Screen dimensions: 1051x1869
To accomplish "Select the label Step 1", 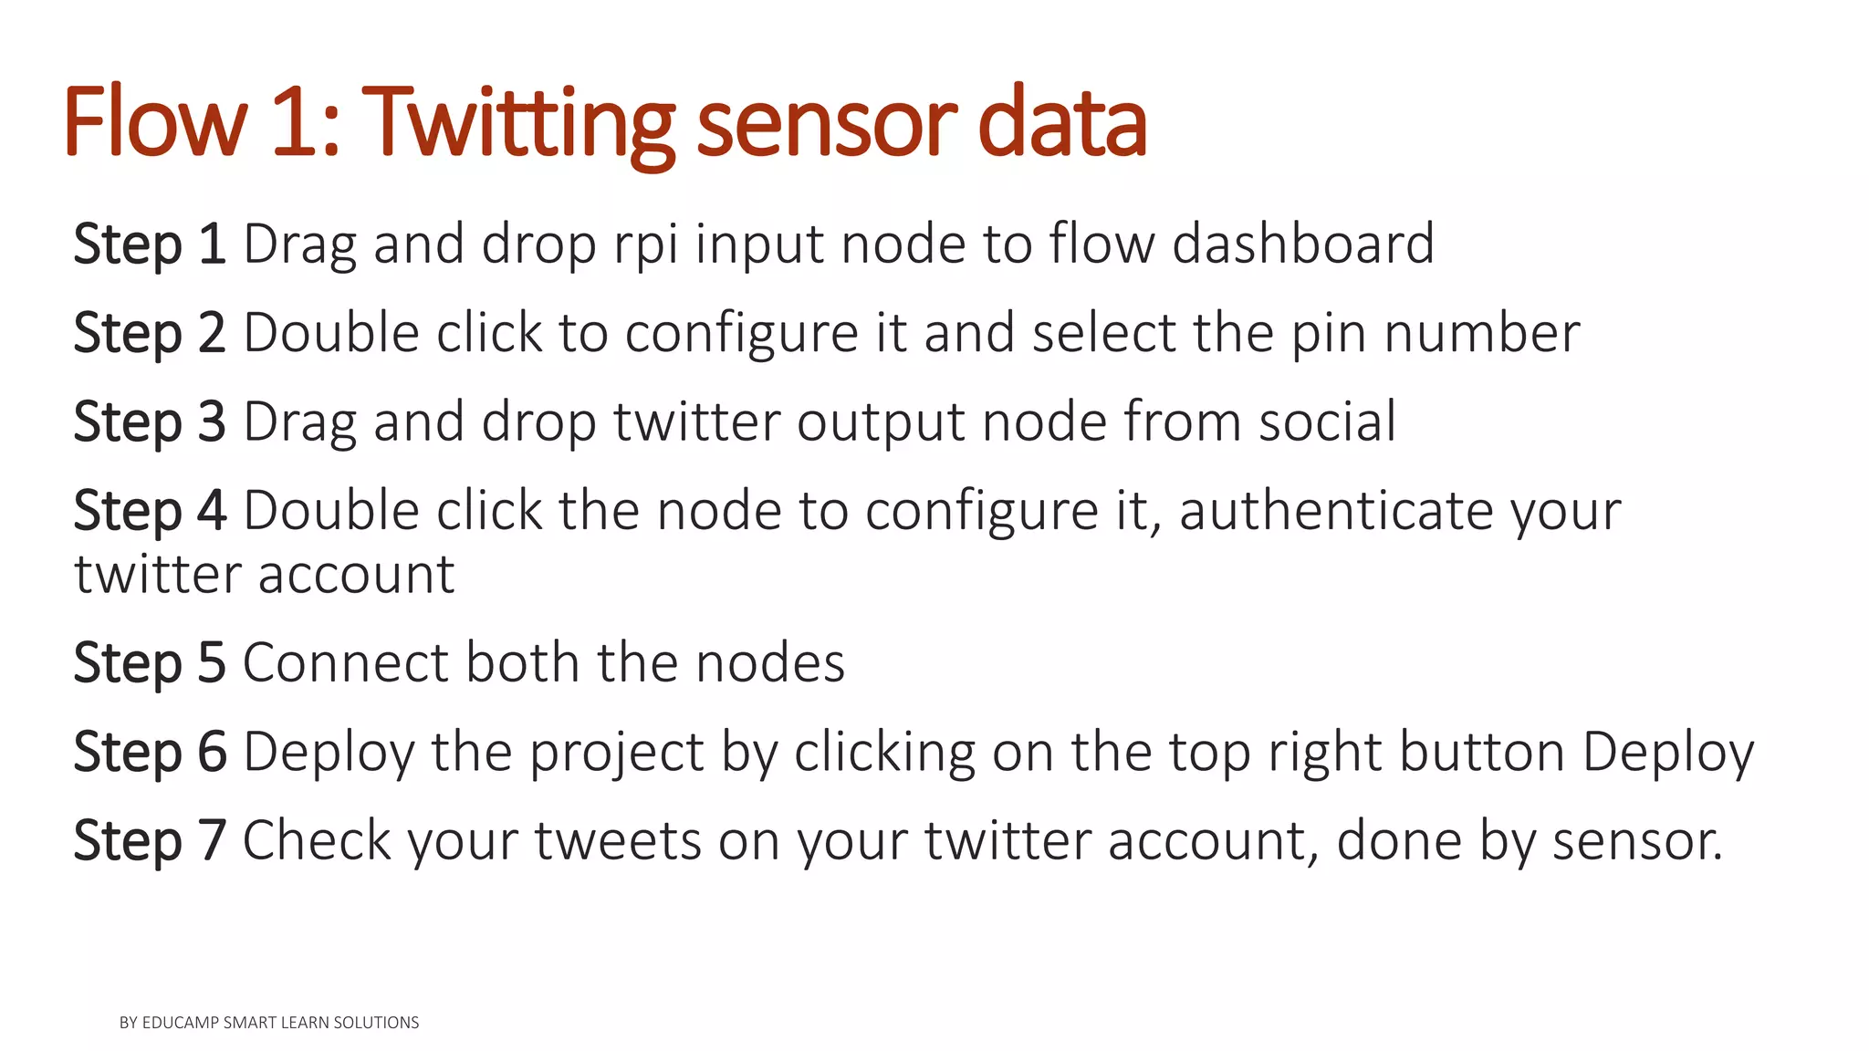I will pos(150,245).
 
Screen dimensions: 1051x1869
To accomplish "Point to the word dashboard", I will pos(1302,244).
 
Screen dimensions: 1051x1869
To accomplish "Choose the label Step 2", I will pos(150,333).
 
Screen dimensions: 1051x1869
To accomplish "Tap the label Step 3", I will pos(150,421).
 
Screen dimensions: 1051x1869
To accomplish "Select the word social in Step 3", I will pos(1327,421).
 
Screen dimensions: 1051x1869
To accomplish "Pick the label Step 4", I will pos(150,510).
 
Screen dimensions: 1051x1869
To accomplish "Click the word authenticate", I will pos(1336,510).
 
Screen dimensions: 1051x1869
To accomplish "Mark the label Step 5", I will pos(150,662).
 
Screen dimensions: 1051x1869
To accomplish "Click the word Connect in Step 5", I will pos(346,662).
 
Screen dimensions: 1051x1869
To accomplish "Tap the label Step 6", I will pos(150,752).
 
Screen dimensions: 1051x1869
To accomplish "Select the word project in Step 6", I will pos(617,754).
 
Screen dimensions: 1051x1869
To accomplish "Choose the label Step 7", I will pos(150,840).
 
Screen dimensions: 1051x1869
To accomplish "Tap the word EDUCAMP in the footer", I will pos(180,1023).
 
